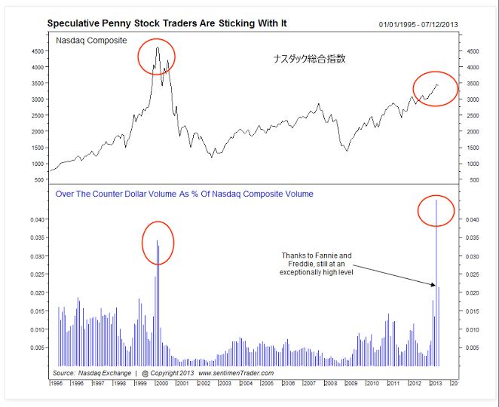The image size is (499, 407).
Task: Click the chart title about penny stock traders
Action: pos(167,23)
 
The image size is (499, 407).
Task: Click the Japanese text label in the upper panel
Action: pos(309,58)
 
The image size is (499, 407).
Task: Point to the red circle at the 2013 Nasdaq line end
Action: pos(435,88)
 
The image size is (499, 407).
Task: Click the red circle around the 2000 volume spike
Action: pos(158,243)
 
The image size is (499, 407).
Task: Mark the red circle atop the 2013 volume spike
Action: pos(436,212)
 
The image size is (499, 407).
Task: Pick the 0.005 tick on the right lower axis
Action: pos(471,348)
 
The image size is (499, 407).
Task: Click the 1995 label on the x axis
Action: pos(57,384)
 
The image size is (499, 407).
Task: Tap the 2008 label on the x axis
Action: pos(330,384)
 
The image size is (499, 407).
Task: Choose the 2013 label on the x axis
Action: pos(436,384)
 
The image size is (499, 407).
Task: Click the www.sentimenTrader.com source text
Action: pos(236,373)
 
